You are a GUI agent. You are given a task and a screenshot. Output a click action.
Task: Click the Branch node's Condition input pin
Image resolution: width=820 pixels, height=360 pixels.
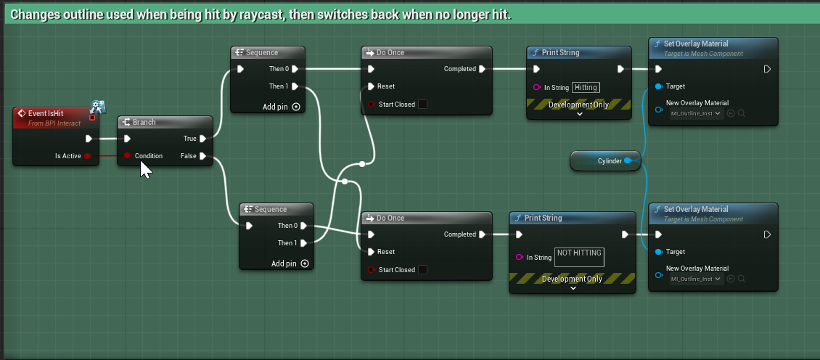point(127,156)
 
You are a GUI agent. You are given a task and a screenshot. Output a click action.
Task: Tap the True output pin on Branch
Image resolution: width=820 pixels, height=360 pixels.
point(203,139)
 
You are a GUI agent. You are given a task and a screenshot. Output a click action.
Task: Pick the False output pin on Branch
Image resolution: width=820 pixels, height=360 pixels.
point(203,156)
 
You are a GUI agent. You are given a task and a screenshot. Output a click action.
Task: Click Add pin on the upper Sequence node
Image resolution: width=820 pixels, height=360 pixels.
point(282,107)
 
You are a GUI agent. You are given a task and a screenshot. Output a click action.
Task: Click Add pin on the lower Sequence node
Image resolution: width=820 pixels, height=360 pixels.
point(290,263)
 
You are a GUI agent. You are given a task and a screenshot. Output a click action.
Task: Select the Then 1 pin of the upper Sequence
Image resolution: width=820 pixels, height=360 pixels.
point(295,86)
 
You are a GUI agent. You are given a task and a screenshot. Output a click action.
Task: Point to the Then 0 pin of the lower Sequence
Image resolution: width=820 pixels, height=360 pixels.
point(303,226)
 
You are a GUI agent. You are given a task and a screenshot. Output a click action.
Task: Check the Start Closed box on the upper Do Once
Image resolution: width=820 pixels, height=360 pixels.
point(422,105)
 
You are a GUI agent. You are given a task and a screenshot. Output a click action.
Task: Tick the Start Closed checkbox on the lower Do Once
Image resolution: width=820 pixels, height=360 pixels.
point(422,270)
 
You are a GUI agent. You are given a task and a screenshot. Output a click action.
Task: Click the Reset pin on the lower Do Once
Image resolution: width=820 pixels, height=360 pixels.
point(371,252)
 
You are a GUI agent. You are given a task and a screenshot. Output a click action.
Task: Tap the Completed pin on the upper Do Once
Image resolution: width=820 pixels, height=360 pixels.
point(482,69)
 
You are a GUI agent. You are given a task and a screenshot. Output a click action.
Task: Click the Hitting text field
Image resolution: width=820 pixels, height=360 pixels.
point(586,87)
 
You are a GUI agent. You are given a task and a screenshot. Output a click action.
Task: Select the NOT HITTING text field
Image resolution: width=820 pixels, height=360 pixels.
point(579,257)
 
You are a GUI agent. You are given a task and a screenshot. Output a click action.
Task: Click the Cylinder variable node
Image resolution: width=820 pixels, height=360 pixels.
point(606,161)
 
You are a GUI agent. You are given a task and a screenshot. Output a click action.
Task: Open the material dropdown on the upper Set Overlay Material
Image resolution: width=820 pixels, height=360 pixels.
point(697,113)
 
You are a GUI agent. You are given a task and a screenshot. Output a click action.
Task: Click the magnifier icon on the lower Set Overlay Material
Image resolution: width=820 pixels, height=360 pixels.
point(742,279)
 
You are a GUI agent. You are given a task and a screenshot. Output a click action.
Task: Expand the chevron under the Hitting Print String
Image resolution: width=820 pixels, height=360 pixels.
point(579,113)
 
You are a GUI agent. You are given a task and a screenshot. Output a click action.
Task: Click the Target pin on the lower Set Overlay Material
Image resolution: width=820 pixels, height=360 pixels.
point(658,252)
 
